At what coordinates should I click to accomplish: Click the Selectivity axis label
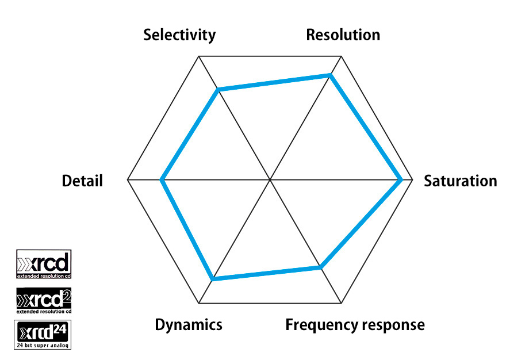[x=179, y=35]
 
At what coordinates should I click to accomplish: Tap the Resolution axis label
[x=343, y=35]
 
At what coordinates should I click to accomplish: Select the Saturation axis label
[x=460, y=181]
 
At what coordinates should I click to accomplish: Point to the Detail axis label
[x=82, y=181]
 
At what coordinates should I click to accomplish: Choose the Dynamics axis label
[x=189, y=324]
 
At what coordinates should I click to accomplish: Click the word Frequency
[x=319, y=325]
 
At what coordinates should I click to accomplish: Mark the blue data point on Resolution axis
[x=330, y=75]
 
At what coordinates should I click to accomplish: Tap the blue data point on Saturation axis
[x=401, y=180]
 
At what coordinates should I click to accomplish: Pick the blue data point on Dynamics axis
[x=213, y=279]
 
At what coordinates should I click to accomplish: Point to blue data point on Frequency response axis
[x=320, y=267]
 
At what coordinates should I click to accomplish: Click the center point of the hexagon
[x=270, y=180]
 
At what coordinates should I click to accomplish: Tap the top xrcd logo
[x=44, y=264]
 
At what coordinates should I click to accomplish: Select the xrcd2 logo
[x=44, y=300]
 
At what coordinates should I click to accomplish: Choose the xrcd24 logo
[x=44, y=335]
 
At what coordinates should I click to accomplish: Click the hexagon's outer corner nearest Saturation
[x=413, y=180]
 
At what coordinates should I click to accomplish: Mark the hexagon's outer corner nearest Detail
[x=127, y=180]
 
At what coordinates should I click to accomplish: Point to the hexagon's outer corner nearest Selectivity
[x=198, y=56]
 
